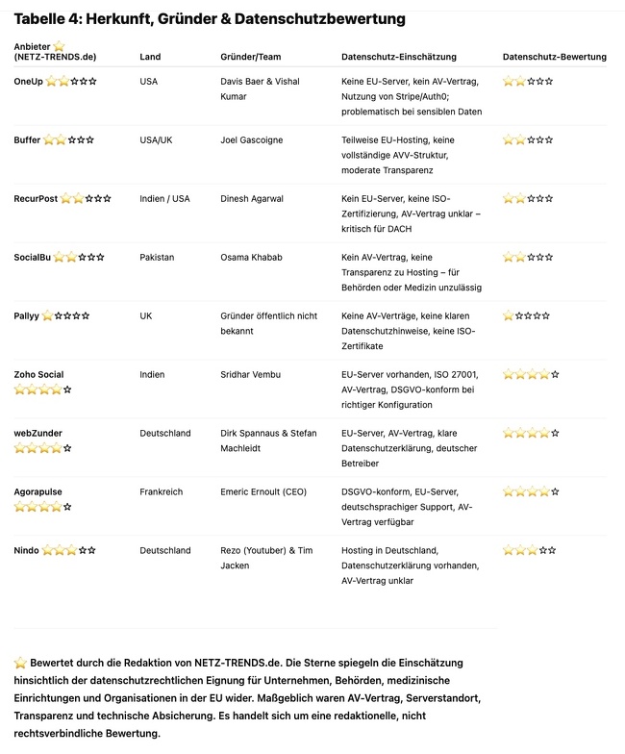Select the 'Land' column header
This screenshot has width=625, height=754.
[x=150, y=57]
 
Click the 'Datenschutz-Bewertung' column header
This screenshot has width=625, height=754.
[x=554, y=57]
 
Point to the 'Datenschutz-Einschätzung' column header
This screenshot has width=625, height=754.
[x=398, y=57]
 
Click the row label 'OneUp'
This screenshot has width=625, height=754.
[x=28, y=82]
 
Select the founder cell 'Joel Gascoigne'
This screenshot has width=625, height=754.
[x=253, y=140]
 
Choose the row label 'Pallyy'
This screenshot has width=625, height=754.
[x=26, y=315]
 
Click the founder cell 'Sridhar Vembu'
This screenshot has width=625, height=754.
[x=252, y=374]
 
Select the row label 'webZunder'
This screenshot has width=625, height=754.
[x=37, y=433]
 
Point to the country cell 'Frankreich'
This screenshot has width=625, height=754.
[x=162, y=491]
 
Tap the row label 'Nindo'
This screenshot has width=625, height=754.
[x=26, y=550]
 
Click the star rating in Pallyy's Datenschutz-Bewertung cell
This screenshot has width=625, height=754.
[x=526, y=315]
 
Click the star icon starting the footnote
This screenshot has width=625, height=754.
[x=20, y=663]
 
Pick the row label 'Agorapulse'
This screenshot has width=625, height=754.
[x=37, y=491]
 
